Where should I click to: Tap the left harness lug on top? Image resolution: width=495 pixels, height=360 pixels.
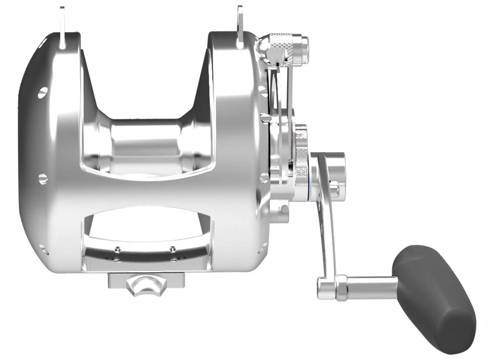pyautogui.click(x=62, y=27)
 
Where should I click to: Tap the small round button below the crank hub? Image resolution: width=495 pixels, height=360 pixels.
pyautogui.click(x=284, y=209)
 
